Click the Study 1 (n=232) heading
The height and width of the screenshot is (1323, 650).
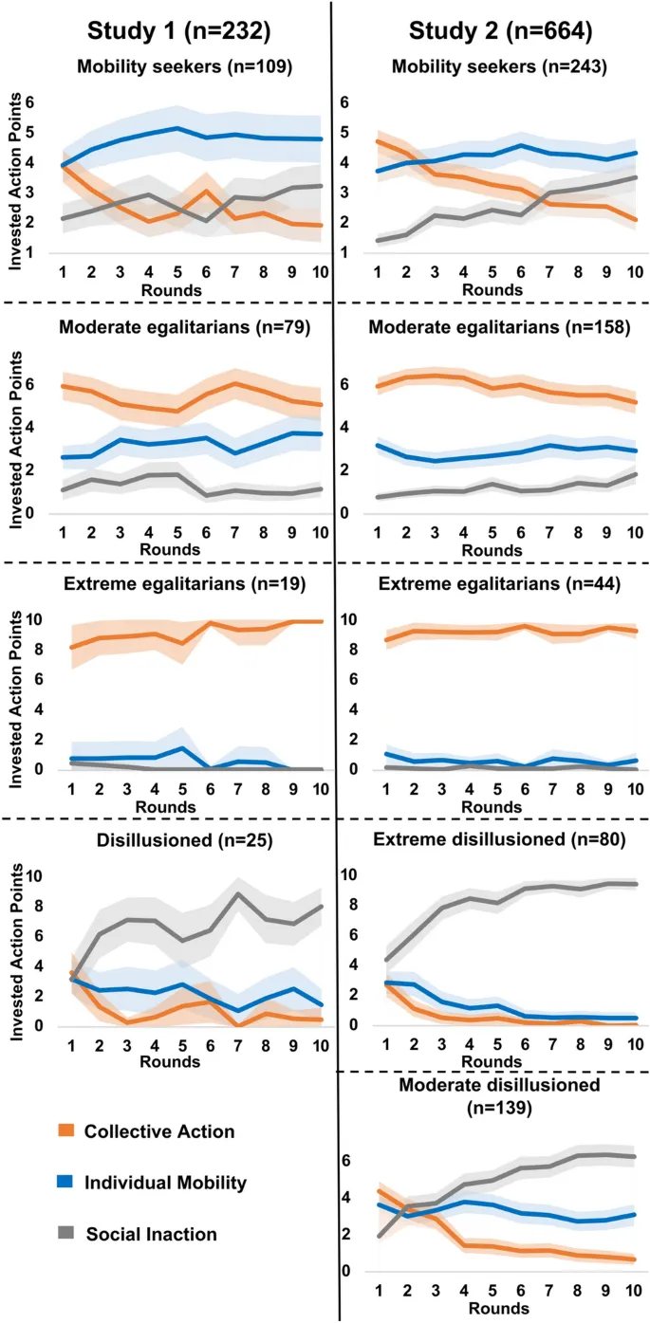tap(179, 31)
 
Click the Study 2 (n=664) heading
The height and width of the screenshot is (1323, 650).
tap(501, 31)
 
